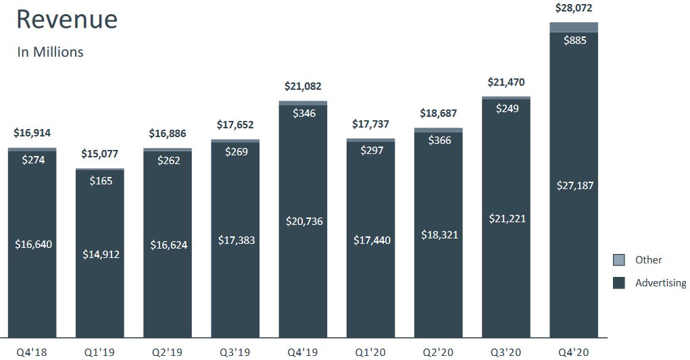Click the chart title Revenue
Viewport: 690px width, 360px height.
tap(67, 19)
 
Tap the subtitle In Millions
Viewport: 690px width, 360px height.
tap(50, 52)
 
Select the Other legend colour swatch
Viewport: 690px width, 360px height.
tap(618, 260)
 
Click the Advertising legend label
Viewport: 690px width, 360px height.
tap(660, 283)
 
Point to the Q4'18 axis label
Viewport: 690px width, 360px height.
tap(32, 352)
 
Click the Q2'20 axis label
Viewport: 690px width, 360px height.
tap(438, 352)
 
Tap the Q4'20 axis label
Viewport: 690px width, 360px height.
tap(573, 352)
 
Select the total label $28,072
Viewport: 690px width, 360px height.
tap(573, 8)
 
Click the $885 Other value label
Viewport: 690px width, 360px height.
tap(574, 40)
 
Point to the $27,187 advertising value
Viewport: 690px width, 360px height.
tap(574, 185)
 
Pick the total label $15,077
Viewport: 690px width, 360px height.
tap(99, 153)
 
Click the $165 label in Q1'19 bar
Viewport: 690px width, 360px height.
tap(101, 180)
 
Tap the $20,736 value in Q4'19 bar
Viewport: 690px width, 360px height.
tap(304, 221)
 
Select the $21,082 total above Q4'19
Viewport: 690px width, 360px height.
tap(303, 86)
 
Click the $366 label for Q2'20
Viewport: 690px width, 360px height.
tap(439, 140)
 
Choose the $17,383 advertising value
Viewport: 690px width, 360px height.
tap(237, 240)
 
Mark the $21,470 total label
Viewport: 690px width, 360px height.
tap(506, 82)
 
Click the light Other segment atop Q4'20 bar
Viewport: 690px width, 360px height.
tap(573, 27)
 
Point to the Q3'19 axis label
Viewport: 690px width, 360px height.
tap(235, 352)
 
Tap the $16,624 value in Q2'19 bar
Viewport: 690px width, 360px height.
tap(168, 245)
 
